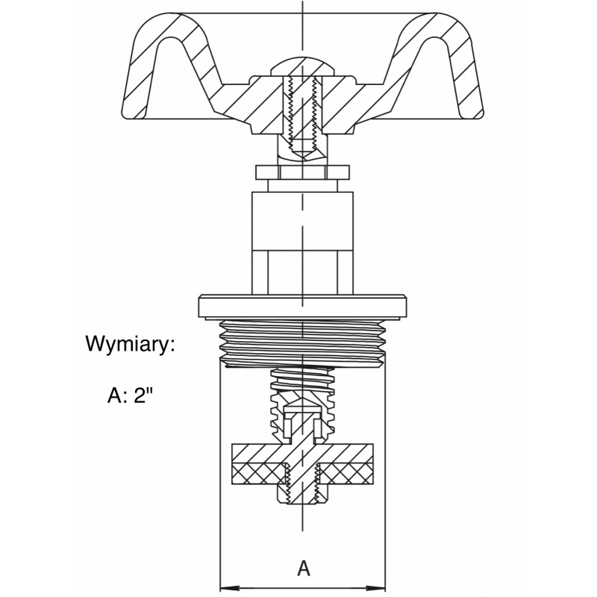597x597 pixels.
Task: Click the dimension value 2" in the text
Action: (x=143, y=396)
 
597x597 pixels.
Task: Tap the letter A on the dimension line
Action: (x=304, y=569)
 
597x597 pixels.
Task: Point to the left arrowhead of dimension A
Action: (x=231, y=588)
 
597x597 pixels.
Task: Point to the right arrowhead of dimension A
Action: (x=375, y=588)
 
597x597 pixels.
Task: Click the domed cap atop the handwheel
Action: (x=303, y=66)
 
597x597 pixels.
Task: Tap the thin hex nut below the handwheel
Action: (x=303, y=172)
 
